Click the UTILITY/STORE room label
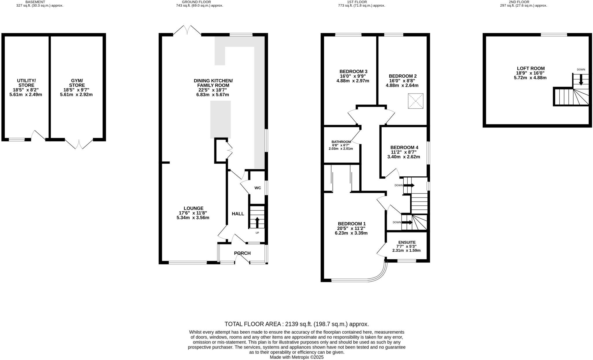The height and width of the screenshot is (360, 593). click(x=26, y=83)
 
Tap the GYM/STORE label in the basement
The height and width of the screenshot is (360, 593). click(x=77, y=83)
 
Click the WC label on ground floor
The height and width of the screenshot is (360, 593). click(x=258, y=188)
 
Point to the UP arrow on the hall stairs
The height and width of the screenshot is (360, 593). click(x=257, y=222)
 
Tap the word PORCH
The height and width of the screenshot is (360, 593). click(x=242, y=253)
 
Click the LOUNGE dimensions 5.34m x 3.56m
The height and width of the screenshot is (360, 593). click(x=193, y=218)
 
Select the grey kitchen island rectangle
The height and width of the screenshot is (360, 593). click(x=220, y=119)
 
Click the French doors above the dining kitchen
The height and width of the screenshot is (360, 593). click(x=187, y=30)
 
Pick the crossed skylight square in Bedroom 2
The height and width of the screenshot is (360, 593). click(x=416, y=101)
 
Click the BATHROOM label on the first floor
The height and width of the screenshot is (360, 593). click(x=341, y=142)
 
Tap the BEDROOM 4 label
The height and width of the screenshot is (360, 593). click(x=404, y=147)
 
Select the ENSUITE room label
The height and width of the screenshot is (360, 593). click(x=407, y=242)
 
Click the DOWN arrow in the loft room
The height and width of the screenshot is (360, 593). click(x=581, y=80)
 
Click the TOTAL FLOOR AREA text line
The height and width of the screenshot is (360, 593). click(x=296, y=324)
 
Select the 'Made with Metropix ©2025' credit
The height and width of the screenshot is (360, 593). click(x=296, y=357)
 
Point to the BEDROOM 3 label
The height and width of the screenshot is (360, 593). click(x=353, y=71)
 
